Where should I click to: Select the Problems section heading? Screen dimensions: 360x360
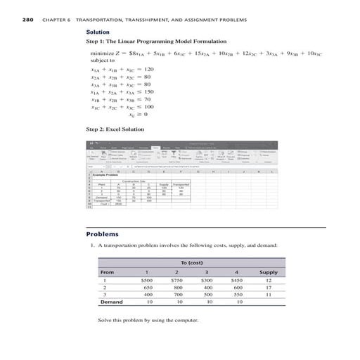pos(103,214)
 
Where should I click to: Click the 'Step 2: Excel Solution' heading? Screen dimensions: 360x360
pos(118,129)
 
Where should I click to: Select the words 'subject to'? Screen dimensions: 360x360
pos(103,60)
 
